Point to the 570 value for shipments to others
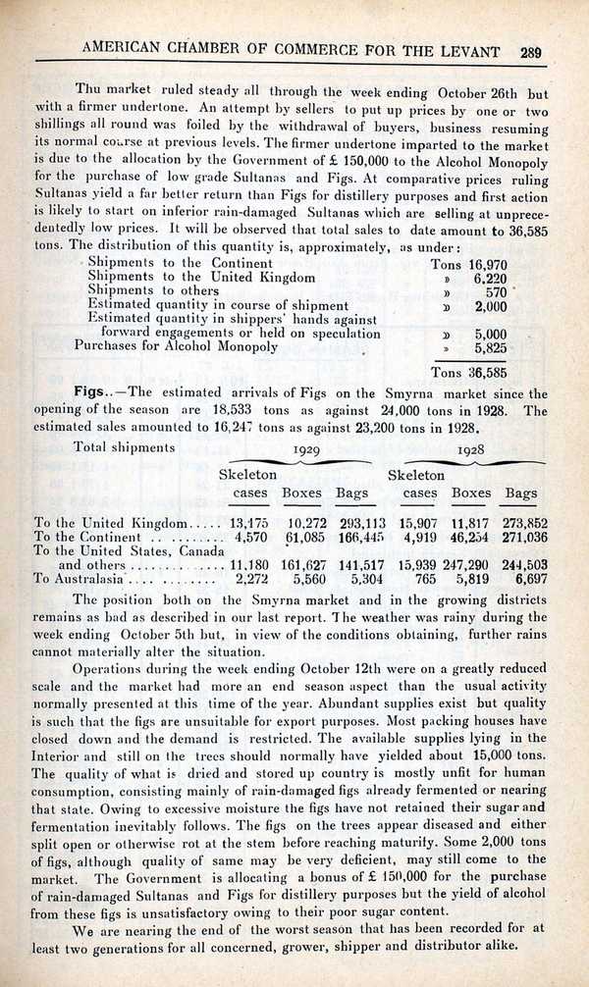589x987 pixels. [x=496, y=291]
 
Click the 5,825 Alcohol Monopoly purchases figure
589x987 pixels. [x=489, y=347]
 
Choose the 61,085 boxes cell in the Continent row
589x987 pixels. [x=303, y=537]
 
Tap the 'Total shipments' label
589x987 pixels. [x=124, y=446]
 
